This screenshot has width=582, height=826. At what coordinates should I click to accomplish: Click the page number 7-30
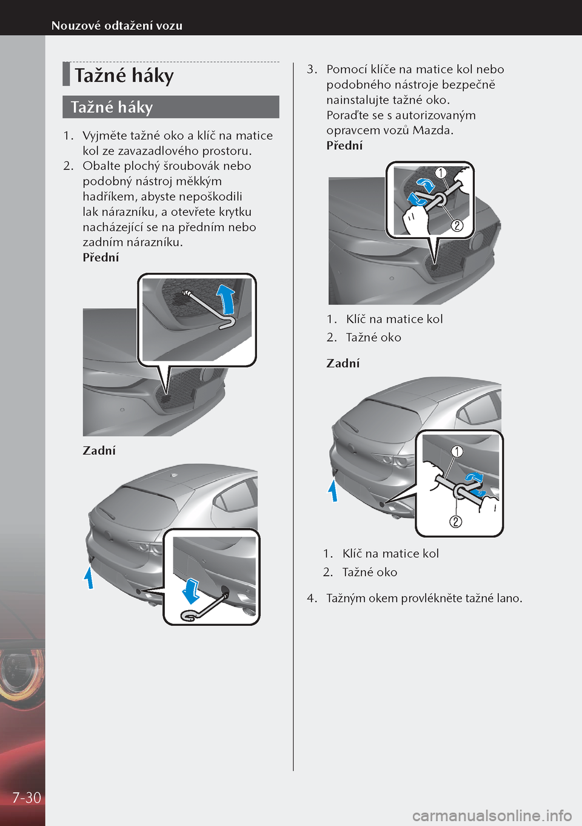(x=27, y=797)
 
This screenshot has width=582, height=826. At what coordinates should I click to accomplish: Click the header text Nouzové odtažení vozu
(x=116, y=25)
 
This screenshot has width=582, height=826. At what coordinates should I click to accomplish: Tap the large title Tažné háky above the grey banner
(x=124, y=76)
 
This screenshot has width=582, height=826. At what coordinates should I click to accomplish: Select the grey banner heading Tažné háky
(x=112, y=107)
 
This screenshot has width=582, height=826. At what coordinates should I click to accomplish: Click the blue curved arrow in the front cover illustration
(x=226, y=298)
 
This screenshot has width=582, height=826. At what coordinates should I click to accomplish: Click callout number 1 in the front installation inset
(x=441, y=173)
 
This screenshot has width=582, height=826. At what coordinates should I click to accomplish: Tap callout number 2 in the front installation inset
(x=457, y=226)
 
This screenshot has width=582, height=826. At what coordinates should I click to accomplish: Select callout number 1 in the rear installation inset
(x=457, y=451)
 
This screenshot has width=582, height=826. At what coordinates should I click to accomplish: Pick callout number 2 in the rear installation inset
(x=455, y=522)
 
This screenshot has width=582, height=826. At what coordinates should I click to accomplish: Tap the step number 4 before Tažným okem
(x=311, y=599)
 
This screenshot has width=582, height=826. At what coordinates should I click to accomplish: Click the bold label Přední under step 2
(x=101, y=258)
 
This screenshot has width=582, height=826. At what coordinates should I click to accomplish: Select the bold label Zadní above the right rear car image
(x=343, y=364)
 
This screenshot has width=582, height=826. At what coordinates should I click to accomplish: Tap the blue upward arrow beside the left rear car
(x=89, y=577)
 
